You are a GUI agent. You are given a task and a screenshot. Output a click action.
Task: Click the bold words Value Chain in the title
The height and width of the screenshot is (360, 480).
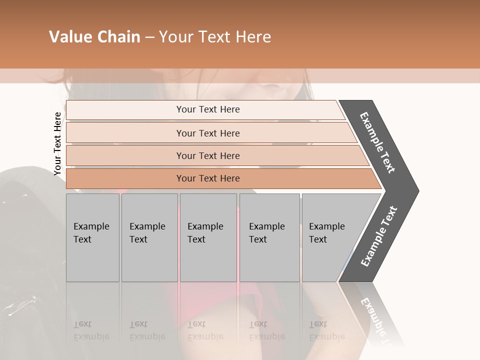94,37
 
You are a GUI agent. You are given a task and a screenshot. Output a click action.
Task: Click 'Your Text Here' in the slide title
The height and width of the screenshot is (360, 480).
215,37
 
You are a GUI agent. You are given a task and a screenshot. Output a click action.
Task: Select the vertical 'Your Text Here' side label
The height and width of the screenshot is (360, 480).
57,143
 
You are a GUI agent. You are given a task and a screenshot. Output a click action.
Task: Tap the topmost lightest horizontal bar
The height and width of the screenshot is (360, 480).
125,110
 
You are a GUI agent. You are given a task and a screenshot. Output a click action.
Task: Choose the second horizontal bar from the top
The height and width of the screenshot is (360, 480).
125,133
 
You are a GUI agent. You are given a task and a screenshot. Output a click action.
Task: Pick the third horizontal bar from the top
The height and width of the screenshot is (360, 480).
125,155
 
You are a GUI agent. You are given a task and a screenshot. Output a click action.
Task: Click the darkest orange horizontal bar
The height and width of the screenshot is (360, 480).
125,178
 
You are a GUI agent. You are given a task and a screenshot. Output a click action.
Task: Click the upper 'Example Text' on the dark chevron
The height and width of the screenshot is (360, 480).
377,142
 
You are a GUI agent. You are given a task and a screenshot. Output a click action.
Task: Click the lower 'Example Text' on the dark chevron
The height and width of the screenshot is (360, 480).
379,236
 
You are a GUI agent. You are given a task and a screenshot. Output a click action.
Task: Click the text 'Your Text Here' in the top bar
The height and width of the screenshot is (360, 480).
208,109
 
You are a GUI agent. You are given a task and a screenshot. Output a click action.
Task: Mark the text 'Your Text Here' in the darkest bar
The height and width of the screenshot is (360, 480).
208,178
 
